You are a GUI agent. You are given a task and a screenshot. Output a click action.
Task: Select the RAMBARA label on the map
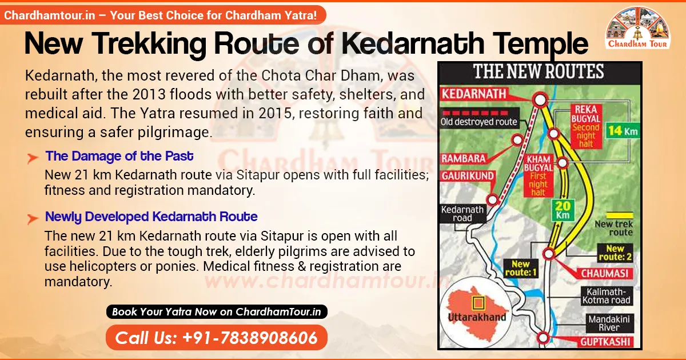coord(462,158)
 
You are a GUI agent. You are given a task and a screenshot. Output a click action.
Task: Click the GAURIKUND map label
coord(468,176)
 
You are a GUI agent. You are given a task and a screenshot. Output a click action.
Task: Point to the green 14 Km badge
coord(622,130)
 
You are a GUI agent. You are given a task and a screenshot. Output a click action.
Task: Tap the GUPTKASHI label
coord(606,342)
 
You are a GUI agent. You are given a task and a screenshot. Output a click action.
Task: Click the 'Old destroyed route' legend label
coord(479,122)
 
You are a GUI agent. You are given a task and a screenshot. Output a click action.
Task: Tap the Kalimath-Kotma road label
coord(606,295)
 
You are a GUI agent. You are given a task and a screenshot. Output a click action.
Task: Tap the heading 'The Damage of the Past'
coord(119,156)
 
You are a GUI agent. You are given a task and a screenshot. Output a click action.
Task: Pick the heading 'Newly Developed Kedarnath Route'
coord(151,217)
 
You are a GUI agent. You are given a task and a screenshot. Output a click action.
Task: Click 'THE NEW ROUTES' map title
coord(539,72)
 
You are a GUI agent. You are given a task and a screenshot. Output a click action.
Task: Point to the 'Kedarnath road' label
coord(462,214)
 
